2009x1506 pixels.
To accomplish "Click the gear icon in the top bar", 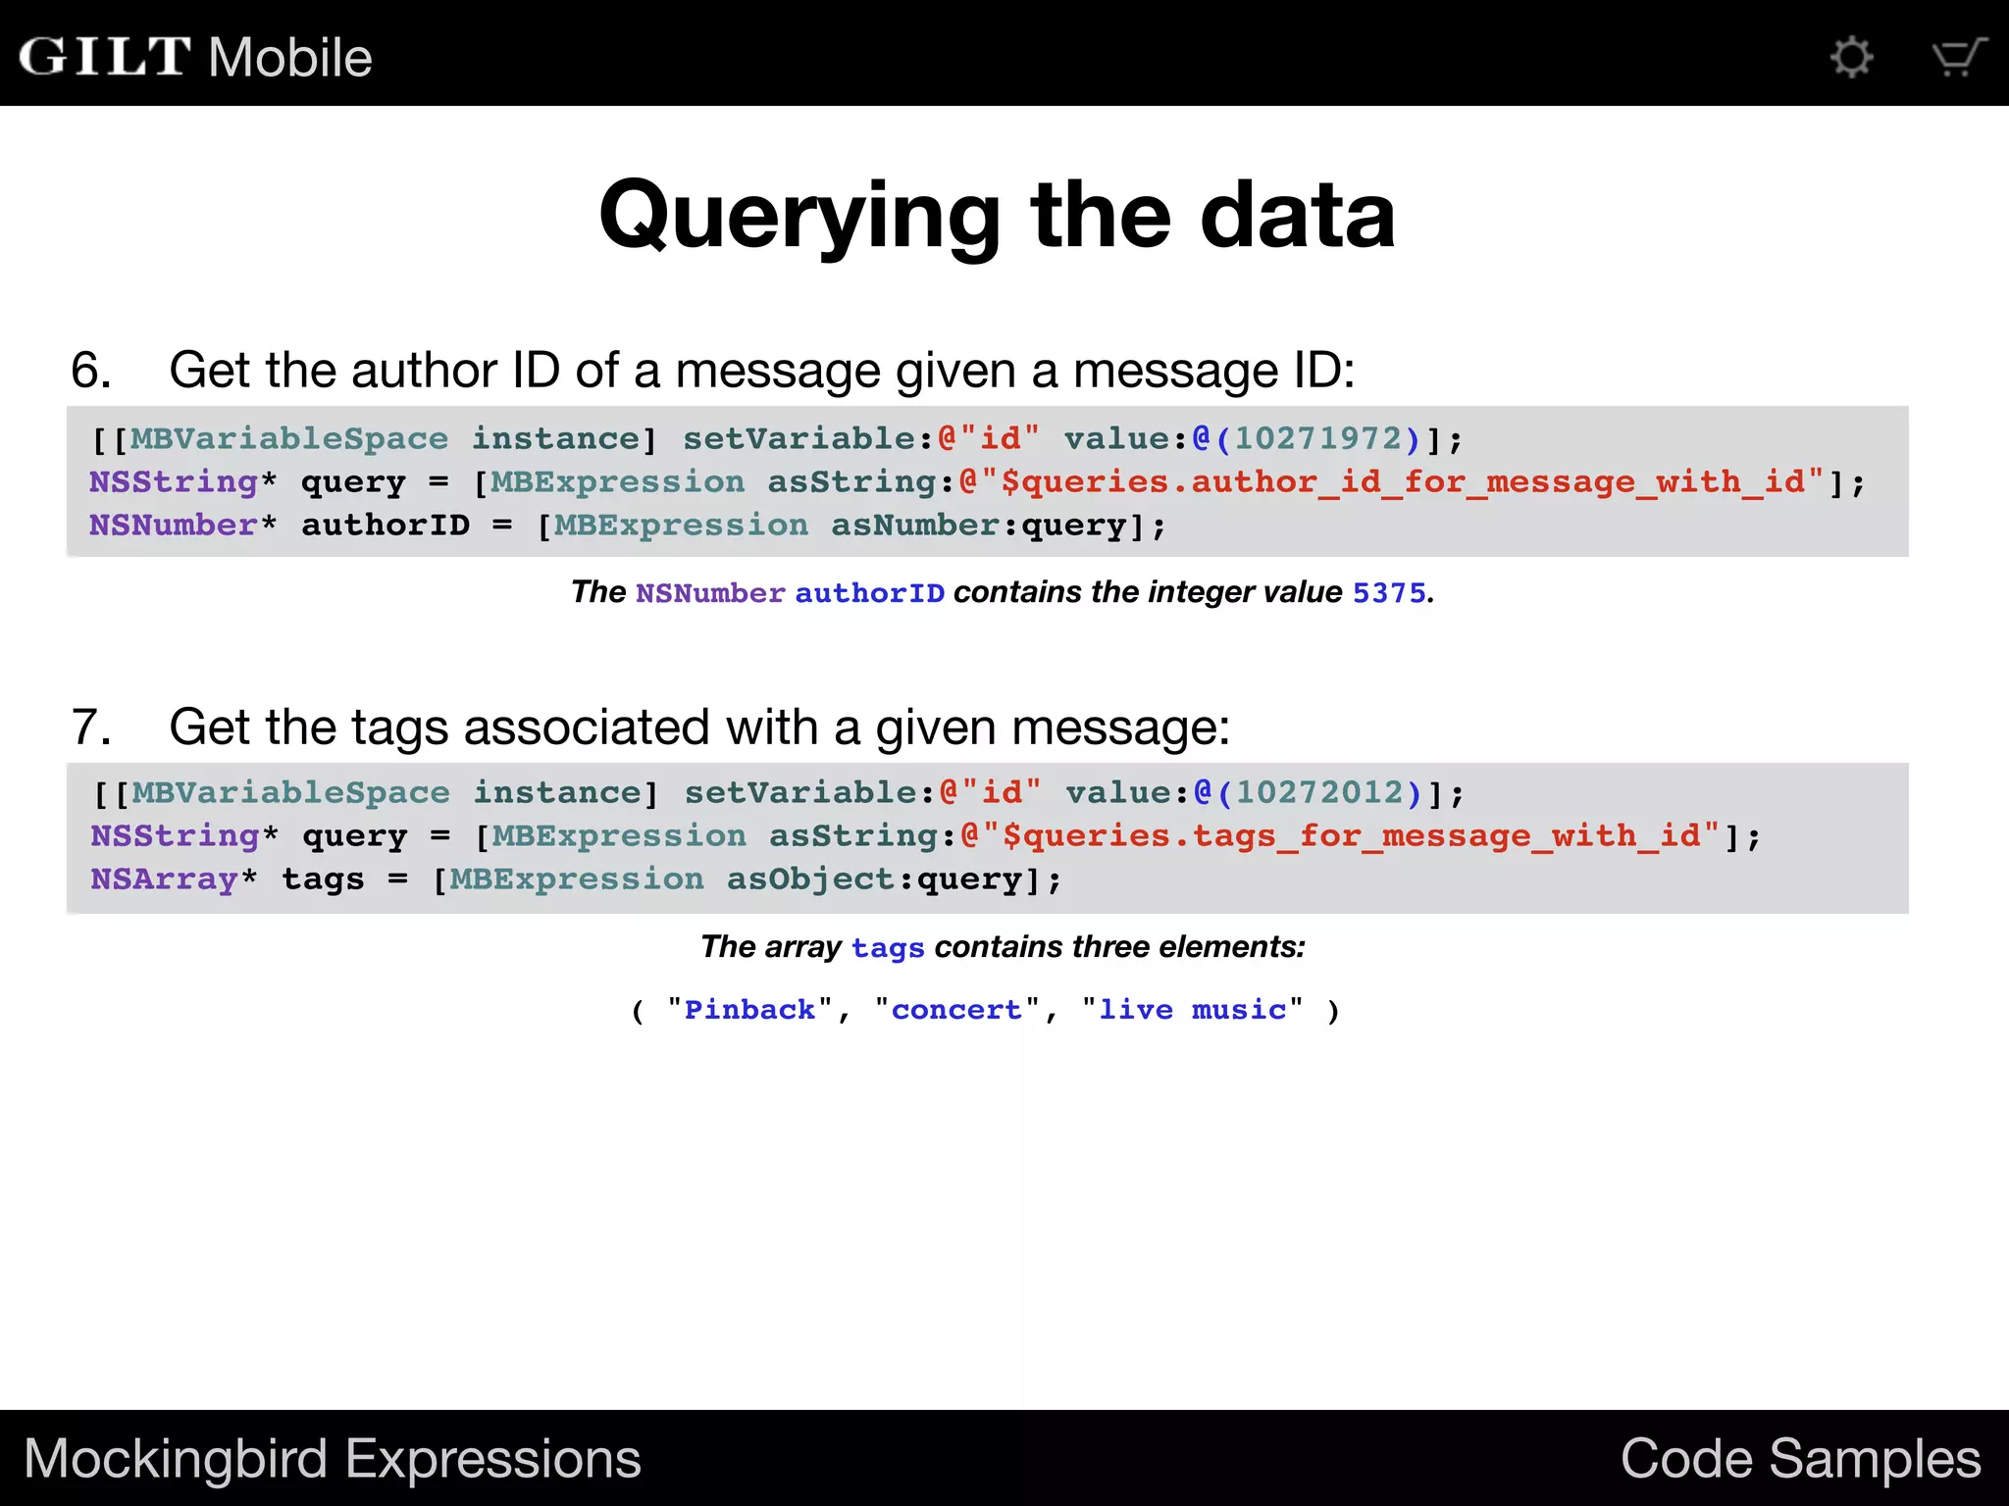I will click(x=1851, y=57).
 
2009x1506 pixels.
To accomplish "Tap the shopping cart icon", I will click(x=1958, y=57).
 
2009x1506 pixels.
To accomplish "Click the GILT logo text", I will click(x=104, y=57).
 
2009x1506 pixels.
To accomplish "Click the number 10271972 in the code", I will click(x=1317, y=438).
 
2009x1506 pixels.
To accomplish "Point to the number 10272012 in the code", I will click(x=1319, y=792).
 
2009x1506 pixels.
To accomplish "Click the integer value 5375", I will click(x=1389, y=592).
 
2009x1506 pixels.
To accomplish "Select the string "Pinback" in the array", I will click(x=749, y=1010).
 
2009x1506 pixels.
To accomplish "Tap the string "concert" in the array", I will click(x=956, y=1010).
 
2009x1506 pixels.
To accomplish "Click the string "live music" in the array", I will click(x=1192, y=1010).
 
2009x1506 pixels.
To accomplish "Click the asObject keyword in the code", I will click(x=810, y=879).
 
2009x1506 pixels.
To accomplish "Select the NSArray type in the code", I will click(x=165, y=879).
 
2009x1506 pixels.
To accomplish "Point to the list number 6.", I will click(x=90, y=371).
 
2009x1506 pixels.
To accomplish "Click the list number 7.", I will click(x=90, y=728).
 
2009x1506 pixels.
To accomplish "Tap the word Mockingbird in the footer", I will click(x=175, y=1459).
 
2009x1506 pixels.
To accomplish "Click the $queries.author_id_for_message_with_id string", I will click(x=1403, y=482).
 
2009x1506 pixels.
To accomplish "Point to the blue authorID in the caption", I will click(x=869, y=593).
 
